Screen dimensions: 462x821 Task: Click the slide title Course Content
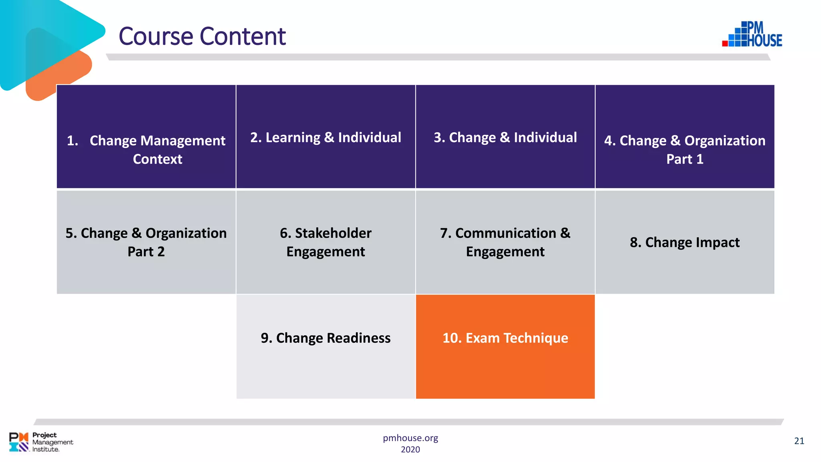tap(202, 36)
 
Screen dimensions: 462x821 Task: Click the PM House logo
tap(752, 34)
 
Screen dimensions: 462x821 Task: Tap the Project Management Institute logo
tap(41, 442)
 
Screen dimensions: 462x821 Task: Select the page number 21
tap(799, 441)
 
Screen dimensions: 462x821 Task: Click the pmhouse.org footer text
tap(410, 438)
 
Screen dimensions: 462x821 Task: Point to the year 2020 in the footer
tap(410, 450)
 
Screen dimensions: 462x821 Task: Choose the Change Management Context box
tap(146, 136)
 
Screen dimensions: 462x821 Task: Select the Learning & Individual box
tap(326, 136)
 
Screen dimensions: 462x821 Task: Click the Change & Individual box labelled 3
tap(505, 136)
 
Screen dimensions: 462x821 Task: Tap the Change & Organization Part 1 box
tap(685, 136)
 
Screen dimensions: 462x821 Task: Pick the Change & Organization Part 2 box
tap(146, 242)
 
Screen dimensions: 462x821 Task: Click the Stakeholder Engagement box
tap(326, 242)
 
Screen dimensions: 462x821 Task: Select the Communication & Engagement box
tap(505, 242)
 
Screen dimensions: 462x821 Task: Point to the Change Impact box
tap(685, 242)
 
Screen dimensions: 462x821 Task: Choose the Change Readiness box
tap(326, 346)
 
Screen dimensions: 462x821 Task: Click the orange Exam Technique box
tap(505, 346)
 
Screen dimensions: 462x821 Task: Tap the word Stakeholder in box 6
tap(333, 233)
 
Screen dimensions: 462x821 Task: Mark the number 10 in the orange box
tap(451, 338)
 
